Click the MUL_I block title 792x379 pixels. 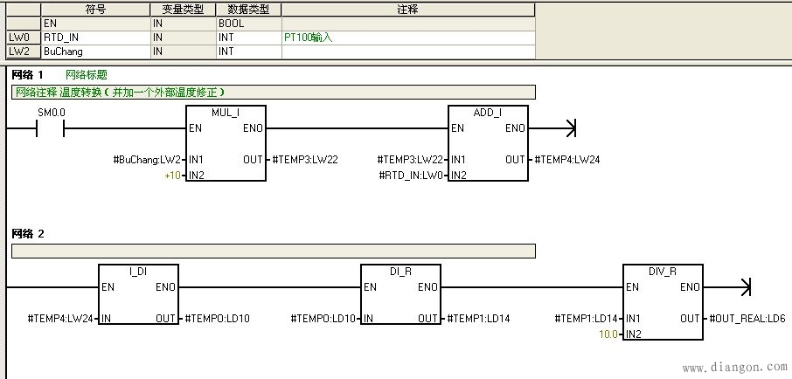[x=226, y=114]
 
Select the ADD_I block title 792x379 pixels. [x=487, y=114]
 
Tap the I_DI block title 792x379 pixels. [x=138, y=272]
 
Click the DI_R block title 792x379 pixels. [x=399, y=272]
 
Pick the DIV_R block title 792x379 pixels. [x=662, y=272]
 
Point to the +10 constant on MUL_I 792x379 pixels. [x=171, y=176]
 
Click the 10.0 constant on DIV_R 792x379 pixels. [x=608, y=334]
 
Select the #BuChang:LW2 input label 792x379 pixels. [x=147, y=160]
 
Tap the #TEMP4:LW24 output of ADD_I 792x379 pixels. [x=566, y=160]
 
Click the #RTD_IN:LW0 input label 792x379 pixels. [x=412, y=176]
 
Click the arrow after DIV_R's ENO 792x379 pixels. [x=745, y=287]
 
